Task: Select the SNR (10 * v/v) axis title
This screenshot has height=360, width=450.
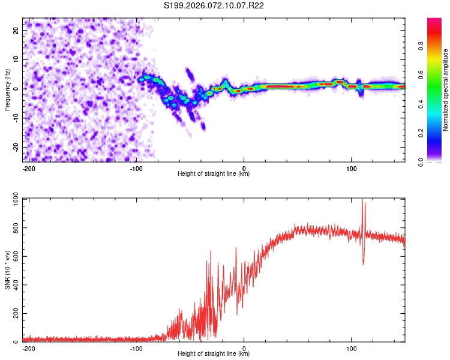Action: coord(7,270)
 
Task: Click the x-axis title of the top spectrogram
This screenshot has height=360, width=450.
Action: coord(214,174)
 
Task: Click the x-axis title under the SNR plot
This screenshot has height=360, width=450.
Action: coord(214,354)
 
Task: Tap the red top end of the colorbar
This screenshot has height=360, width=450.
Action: coord(434,21)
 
